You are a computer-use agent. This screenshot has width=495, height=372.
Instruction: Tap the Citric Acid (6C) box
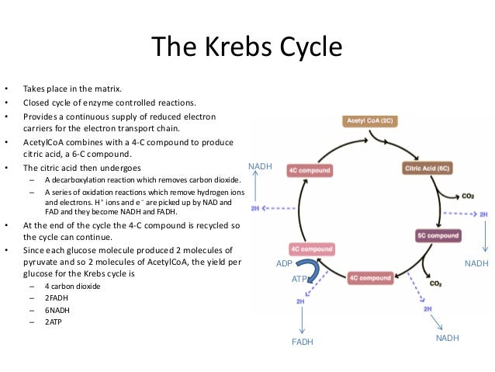pos(430,168)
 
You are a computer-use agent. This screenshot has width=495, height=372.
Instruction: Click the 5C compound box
pos(438,235)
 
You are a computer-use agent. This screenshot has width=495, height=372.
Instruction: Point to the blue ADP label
pos(284,264)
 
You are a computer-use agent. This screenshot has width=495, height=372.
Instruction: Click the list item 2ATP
pos(54,321)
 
